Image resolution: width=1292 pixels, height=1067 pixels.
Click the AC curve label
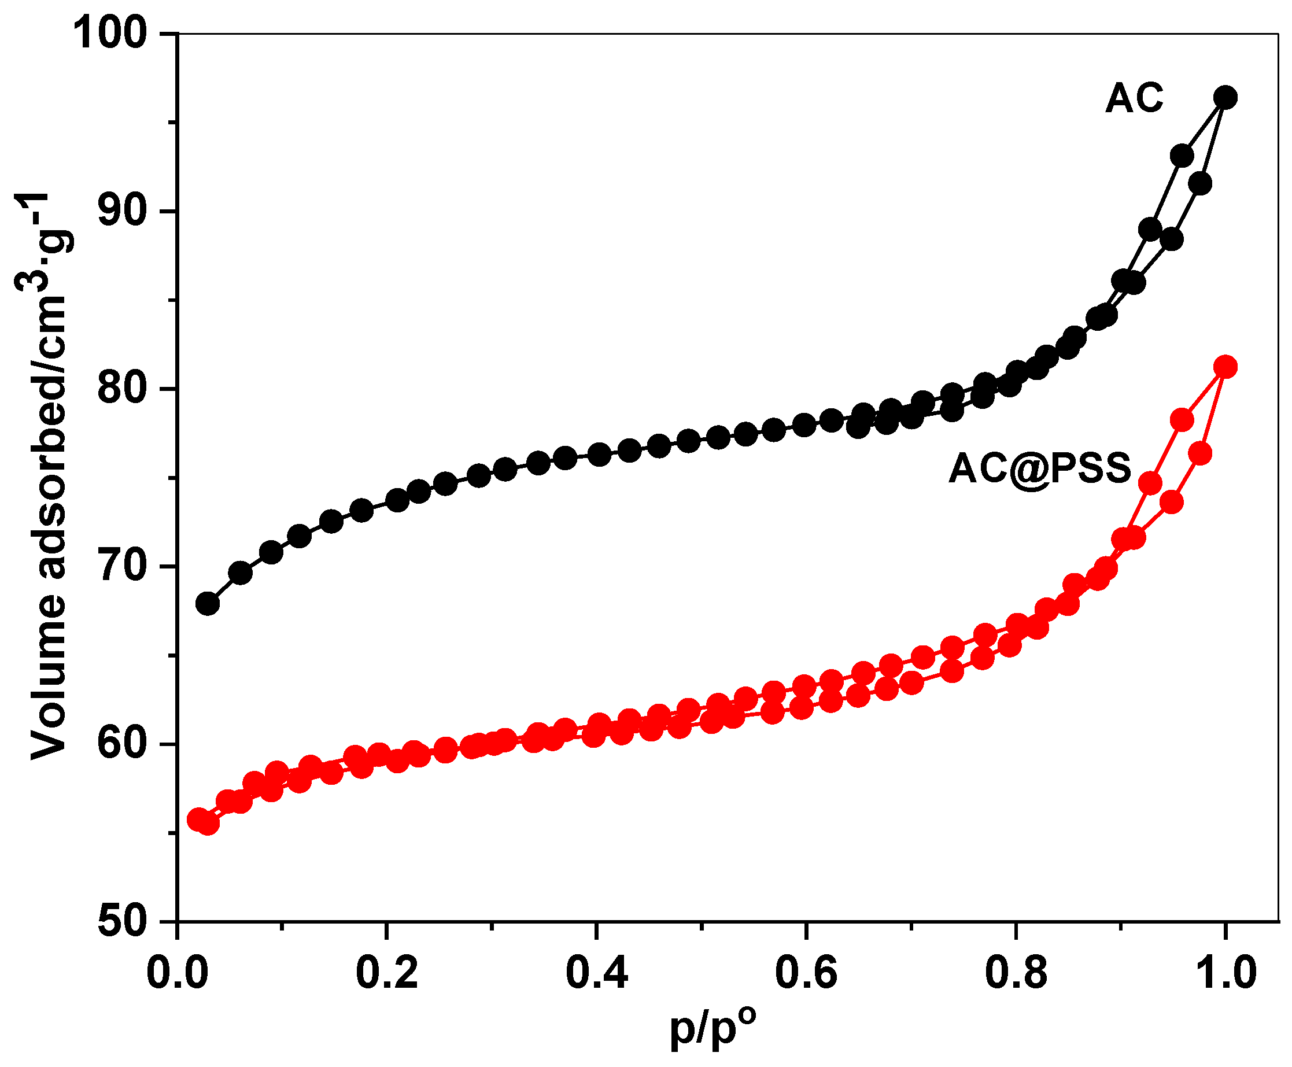point(1134,98)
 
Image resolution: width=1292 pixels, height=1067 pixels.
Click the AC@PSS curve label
point(1039,468)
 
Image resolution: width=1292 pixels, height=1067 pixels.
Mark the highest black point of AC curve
point(1225,98)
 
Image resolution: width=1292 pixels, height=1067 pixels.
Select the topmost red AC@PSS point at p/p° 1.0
point(1225,367)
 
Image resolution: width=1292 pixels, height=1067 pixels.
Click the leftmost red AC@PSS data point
point(198,819)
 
